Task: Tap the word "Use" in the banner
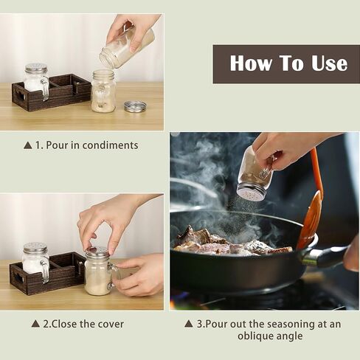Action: (x=329, y=63)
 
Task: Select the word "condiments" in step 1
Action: (x=110, y=145)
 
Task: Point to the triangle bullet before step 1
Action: (x=28, y=145)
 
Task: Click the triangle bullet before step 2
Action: (x=35, y=324)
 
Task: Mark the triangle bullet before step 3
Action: (x=189, y=324)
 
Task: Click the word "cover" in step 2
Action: (x=111, y=324)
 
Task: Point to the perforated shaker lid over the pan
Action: (x=249, y=192)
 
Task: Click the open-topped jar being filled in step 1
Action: (x=103, y=91)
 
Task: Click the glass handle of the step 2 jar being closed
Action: (x=113, y=275)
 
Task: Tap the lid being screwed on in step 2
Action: (x=97, y=252)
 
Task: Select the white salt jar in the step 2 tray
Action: (x=35, y=260)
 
